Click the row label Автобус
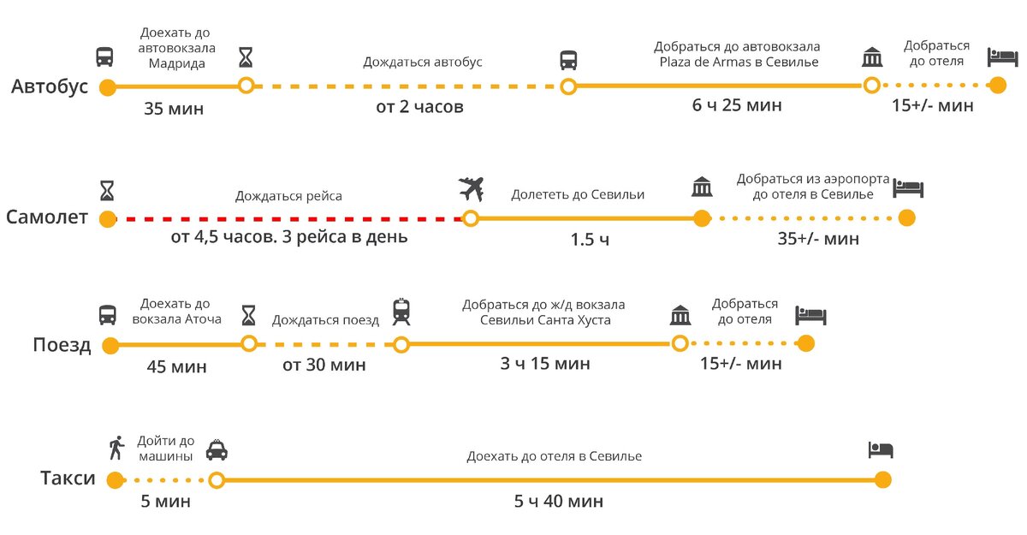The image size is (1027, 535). pyautogui.click(x=50, y=87)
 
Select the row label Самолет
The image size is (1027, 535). pyautogui.click(x=47, y=217)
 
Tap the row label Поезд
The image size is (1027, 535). pyautogui.click(x=62, y=345)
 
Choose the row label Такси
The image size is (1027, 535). pyautogui.click(x=68, y=479)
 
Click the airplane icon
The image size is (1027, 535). pyautogui.click(x=471, y=187)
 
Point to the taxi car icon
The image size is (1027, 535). pyautogui.click(x=217, y=449)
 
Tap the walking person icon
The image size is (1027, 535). pyautogui.click(x=116, y=448)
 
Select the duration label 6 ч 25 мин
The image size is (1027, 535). pyautogui.click(x=737, y=106)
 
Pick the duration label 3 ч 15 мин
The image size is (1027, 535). pyautogui.click(x=545, y=364)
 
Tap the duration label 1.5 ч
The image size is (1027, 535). pyautogui.click(x=590, y=240)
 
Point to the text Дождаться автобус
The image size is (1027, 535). pyautogui.click(x=423, y=62)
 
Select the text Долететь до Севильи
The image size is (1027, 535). pyautogui.click(x=578, y=195)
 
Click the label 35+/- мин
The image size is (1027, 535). pyautogui.click(x=818, y=240)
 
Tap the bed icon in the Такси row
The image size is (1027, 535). pyautogui.click(x=881, y=449)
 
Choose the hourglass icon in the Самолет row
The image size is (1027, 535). pyautogui.click(x=107, y=187)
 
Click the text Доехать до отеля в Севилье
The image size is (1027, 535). pyautogui.click(x=554, y=456)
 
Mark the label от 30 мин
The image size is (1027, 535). pyautogui.click(x=324, y=366)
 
